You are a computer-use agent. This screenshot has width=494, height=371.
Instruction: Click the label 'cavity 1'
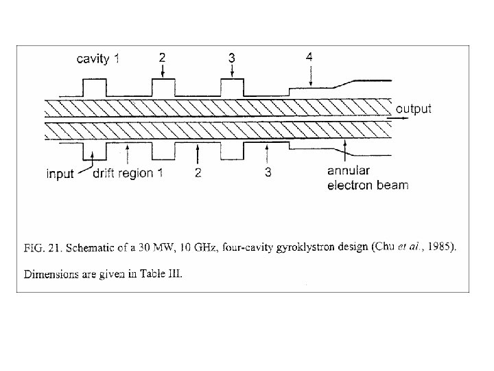[97, 58]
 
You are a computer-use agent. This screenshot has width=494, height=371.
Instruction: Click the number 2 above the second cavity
[162, 58]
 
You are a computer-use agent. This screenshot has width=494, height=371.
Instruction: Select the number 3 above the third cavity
[232, 58]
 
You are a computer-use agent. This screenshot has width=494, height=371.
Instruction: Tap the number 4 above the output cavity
[309, 58]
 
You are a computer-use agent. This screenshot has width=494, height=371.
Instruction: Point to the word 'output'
[413, 109]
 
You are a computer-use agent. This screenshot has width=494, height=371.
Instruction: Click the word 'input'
[60, 173]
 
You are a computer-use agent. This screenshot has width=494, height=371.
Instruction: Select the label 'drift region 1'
[128, 173]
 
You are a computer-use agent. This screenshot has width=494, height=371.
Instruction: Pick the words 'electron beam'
[367, 185]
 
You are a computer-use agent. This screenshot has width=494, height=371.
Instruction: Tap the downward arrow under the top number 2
[162, 73]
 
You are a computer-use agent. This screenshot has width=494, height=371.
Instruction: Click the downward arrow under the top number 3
[232, 73]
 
